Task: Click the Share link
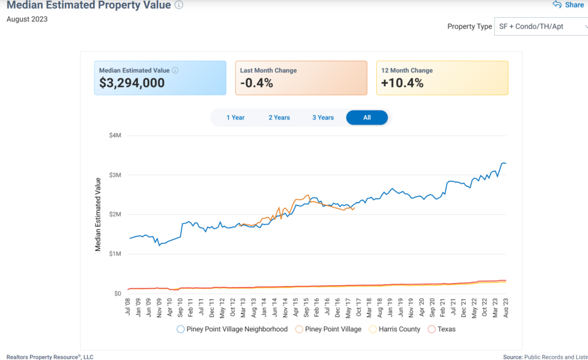pyautogui.click(x=568, y=5)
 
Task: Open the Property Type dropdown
pyautogui.click(x=540, y=26)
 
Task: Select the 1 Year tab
pyautogui.click(x=235, y=118)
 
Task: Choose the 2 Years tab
pyautogui.click(x=279, y=118)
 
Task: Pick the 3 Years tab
pyautogui.click(x=323, y=118)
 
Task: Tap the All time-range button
pyautogui.click(x=367, y=118)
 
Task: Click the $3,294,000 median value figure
pyautogui.click(x=132, y=83)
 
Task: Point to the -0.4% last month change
pyautogui.click(x=257, y=83)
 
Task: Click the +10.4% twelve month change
pyautogui.click(x=403, y=83)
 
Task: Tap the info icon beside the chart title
pyautogui.click(x=179, y=5)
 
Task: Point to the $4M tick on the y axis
pyautogui.click(x=115, y=136)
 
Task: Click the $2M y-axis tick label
pyautogui.click(x=115, y=214)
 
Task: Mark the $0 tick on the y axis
pyautogui.click(x=117, y=293)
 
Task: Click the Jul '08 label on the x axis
pyautogui.click(x=128, y=305)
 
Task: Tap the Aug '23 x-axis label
pyautogui.click(x=505, y=305)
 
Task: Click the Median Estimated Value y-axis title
pyautogui.click(x=98, y=214)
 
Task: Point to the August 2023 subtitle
pyautogui.click(x=27, y=19)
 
